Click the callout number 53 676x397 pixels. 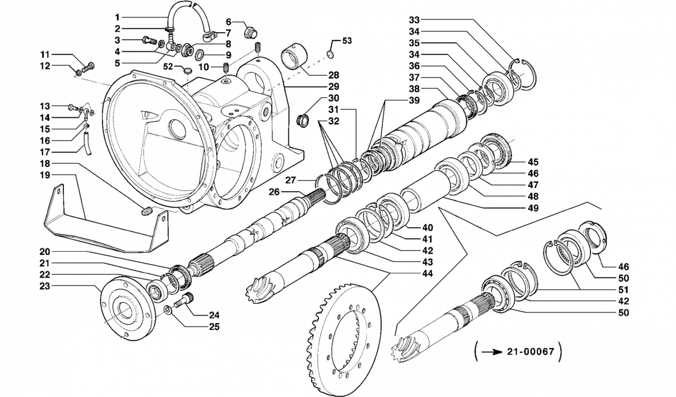pos(347,41)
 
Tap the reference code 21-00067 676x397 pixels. pos(531,351)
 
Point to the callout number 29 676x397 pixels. pos(334,87)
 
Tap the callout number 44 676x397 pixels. pos(427,274)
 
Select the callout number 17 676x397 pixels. pos(45,152)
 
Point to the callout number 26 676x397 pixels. pos(274,192)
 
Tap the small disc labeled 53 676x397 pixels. pos(330,55)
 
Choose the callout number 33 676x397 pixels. pos(414,20)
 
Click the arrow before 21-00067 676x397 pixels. pos(492,352)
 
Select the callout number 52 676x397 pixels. pos(168,67)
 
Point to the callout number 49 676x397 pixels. pos(533,208)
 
